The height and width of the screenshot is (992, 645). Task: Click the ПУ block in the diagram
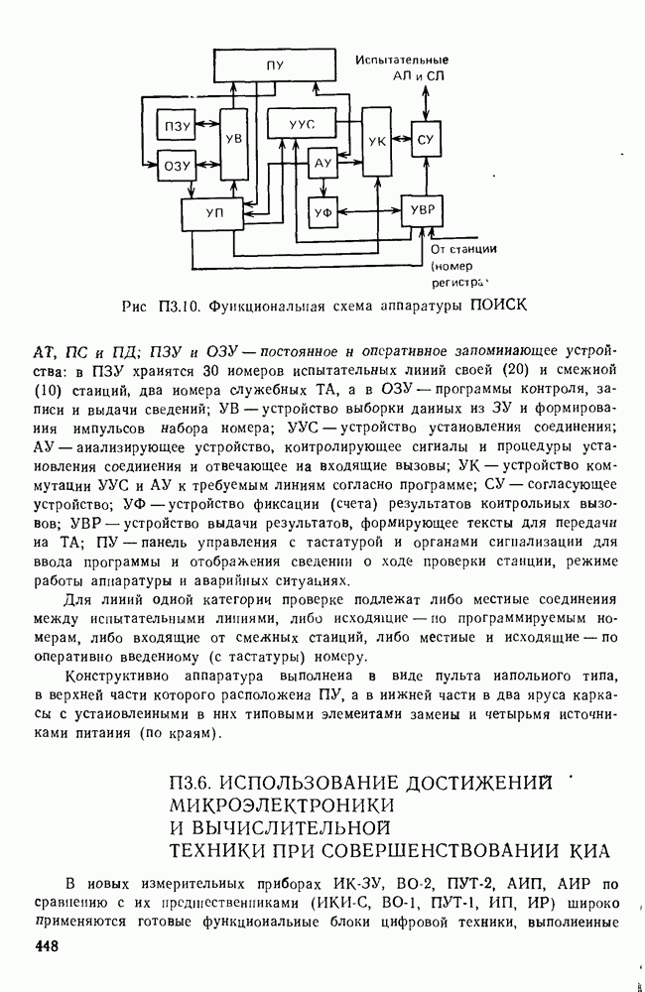(x=275, y=65)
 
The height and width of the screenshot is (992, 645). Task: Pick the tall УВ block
(x=234, y=140)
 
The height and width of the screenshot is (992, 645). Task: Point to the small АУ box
(x=322, y=163)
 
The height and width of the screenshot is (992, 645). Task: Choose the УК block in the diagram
(x=376, y=142)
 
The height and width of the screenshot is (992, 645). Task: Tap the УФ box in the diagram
(x=322, y=212)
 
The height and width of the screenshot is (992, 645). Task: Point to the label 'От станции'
(x=463, y=249)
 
